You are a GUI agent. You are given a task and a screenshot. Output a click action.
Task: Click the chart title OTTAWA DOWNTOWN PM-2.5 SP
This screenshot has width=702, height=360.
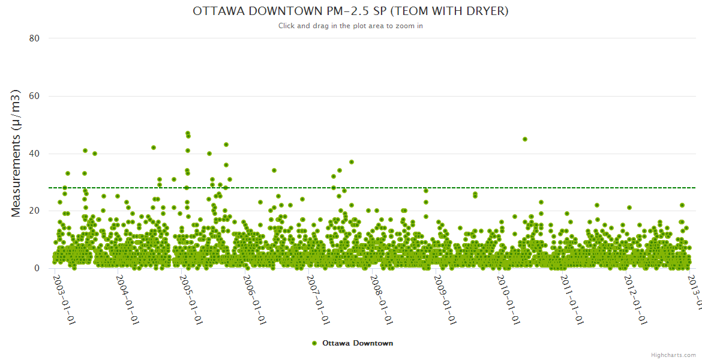[350, 11]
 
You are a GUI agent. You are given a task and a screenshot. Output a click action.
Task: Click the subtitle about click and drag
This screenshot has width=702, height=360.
[350, 26]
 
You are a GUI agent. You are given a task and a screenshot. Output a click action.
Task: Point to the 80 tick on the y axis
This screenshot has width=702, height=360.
[34, 38]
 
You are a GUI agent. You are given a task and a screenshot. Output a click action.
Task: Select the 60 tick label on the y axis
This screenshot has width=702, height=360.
[34, 96]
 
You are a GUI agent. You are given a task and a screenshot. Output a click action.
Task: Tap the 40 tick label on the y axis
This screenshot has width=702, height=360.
[34, 154]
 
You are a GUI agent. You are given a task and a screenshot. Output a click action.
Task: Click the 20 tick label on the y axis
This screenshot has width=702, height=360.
[34, 211]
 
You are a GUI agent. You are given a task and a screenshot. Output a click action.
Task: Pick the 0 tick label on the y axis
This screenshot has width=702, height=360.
[37, 269]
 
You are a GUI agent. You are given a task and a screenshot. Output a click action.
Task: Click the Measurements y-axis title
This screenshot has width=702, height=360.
[17, 153]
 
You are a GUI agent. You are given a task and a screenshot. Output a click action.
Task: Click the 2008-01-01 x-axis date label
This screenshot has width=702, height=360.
[382, 300]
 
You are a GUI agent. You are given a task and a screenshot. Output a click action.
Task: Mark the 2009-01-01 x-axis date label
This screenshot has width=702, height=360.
[446, 300]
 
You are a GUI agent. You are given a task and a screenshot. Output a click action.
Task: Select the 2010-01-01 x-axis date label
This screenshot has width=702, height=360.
[509, 300]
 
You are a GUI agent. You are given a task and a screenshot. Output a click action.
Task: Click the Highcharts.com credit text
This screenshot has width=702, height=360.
[673, 355]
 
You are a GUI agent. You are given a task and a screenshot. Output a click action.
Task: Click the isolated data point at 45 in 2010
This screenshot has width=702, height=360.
[525, 139]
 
